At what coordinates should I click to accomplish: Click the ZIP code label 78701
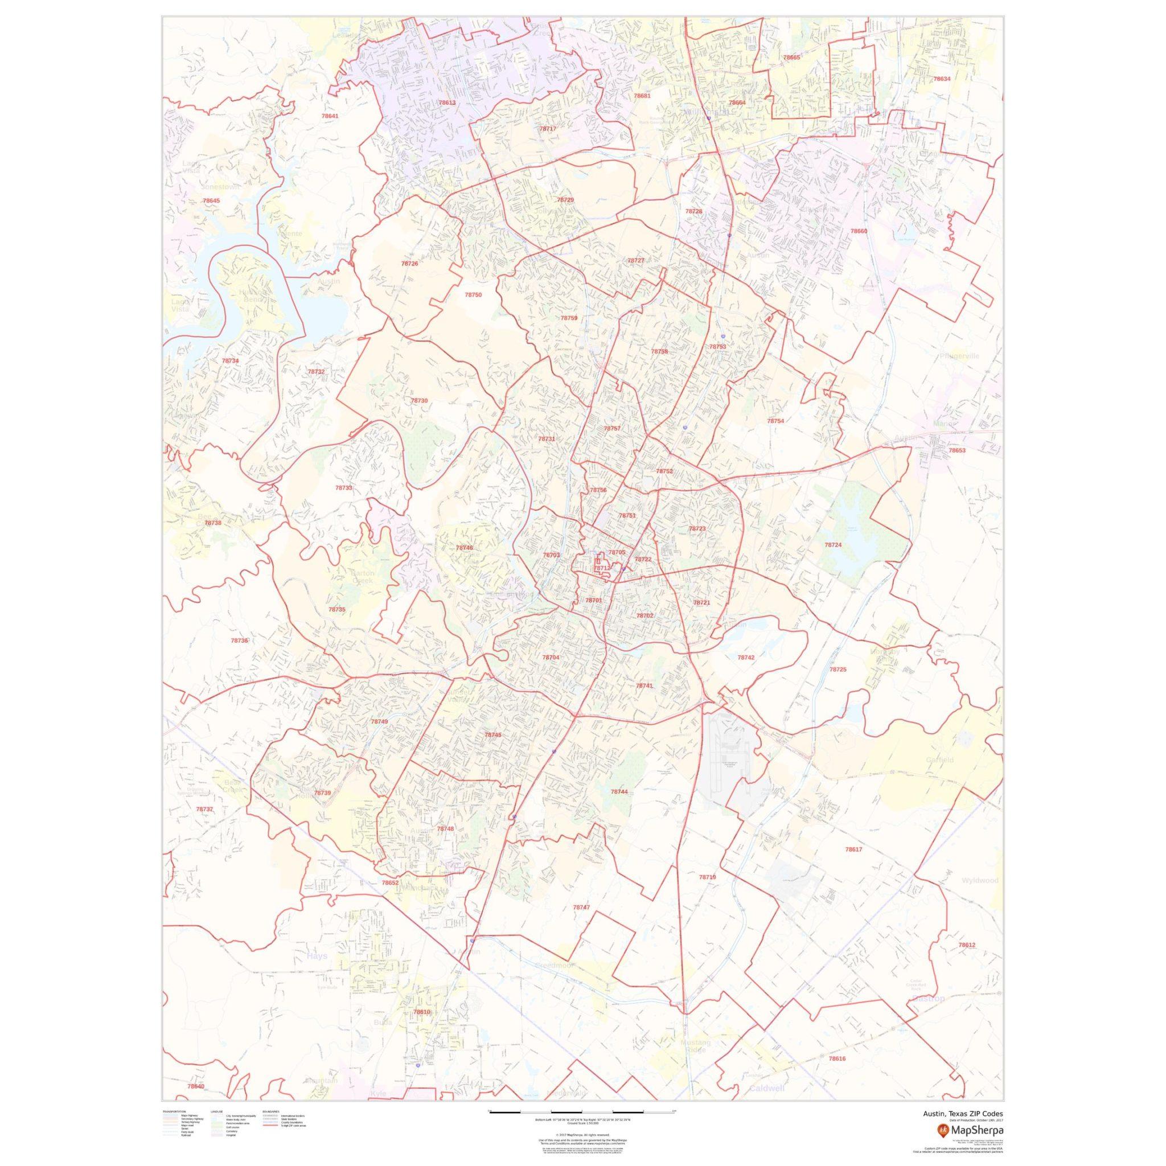pos(593,601)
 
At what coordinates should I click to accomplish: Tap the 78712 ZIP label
pos(602,568)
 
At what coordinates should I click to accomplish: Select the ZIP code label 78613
pos(447,102)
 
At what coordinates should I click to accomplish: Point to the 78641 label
pos(330,116)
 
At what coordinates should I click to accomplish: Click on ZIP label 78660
pos(858,231)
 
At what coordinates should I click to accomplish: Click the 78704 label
pos(551,657)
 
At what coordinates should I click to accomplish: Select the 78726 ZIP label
pos(409,263)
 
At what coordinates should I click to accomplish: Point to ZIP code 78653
pos(956,450)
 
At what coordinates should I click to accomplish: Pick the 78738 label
pos(212,523)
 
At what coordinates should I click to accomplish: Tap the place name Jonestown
pos(220,187)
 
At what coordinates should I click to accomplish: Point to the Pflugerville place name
pos(959,356)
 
